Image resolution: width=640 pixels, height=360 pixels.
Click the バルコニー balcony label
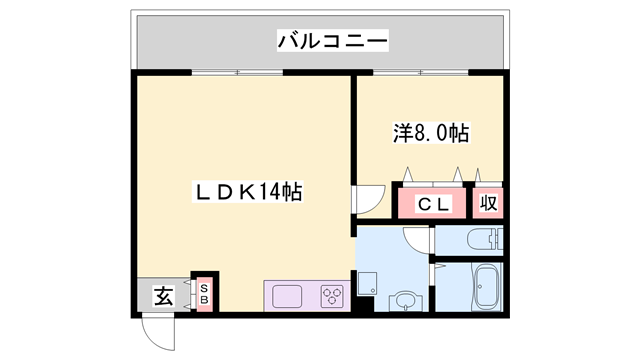pyautogui.click(x=332, y=41)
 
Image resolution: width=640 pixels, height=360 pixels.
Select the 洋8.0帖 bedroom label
pyautogui.click(x=431, y=132)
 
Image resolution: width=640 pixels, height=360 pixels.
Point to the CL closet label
pyautogui.click(x=431, y=204)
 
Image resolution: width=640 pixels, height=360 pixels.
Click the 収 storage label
pyautogui.click(x=488, y=204)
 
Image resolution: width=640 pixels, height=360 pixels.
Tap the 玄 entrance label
pyautogui.click(x=162, y=295)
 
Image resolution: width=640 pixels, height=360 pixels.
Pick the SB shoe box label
pyautogui.click(x=203, y=294)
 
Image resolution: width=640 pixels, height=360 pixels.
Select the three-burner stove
pyautogui.click(x=332, y=296)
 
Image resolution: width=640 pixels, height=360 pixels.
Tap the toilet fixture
pyautogui.click(x=484, y=240)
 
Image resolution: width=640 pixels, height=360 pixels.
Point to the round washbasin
pyautogui.click(x=405, y=299)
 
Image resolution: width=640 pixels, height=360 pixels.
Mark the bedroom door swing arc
pyautogui.click(x=367, y=200)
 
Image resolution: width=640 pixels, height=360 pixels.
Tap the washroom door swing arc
pyautogui.click(x=416, y=241)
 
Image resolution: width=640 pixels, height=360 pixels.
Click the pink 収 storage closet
pyautogui.click(x=488, y=203)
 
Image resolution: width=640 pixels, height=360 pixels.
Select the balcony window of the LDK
pyautogui.click(x=238, y=72)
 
